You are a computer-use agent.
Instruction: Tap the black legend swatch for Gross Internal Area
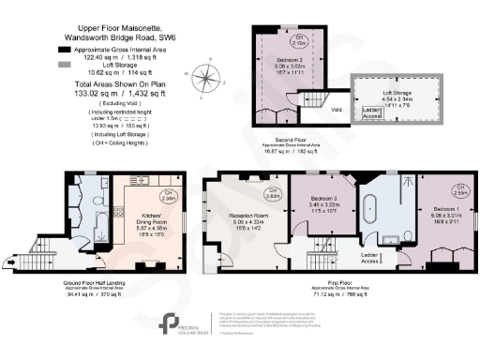point(63,47)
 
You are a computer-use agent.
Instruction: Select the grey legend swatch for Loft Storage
point(63,65)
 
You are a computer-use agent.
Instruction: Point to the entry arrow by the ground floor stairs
point(38,260)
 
